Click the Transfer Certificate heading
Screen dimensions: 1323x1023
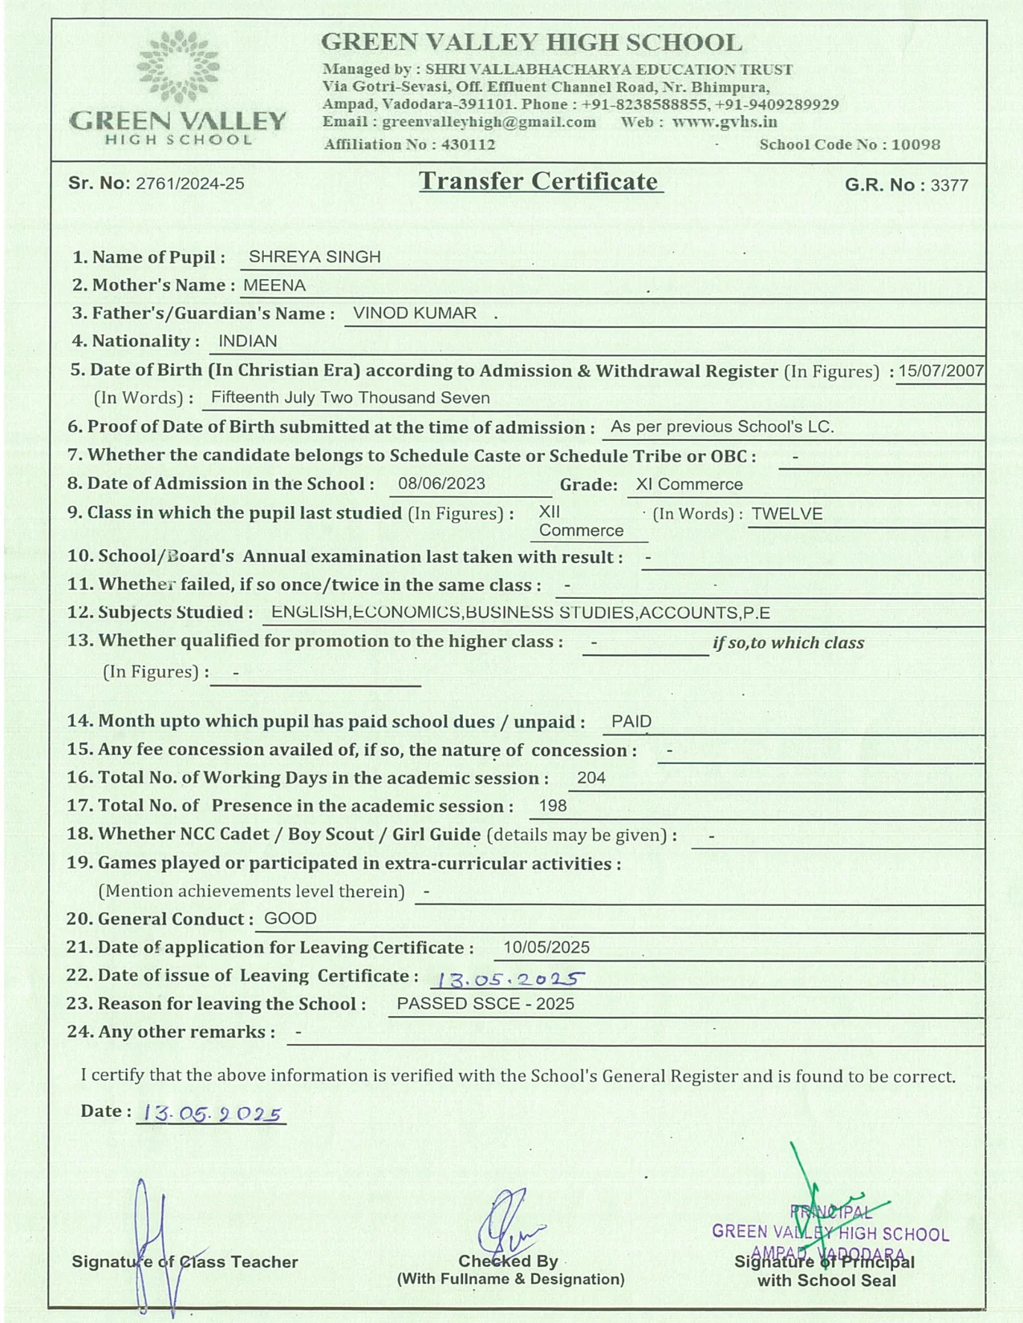(x=540, y=181)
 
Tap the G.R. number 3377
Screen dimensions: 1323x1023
(x=949, y=185)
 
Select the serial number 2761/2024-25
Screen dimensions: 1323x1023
(x=190, y=184)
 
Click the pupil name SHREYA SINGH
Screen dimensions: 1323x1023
(x=315, y=257)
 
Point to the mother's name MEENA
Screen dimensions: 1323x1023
(x=274, y=285)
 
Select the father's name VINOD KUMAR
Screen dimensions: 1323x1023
(x=415, y=313)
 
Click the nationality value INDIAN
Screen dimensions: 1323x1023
(x=248, y=341)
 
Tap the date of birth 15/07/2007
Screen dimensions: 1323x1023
(x=940, y=370)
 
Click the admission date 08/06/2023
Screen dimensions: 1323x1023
(x=441, y=483)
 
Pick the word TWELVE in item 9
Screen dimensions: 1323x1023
(x=787, y=514)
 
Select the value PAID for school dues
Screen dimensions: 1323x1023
(x=631, y=721)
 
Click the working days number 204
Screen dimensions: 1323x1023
(x=591, y=778)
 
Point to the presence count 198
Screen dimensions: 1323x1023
(x=553, y=806)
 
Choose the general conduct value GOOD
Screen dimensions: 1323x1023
(x=290, y=919)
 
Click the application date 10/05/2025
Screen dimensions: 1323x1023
(x=546, y=948)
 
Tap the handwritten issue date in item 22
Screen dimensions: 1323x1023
(x=508, y=979)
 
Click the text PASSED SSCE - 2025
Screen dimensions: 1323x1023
(x=485, y=1004)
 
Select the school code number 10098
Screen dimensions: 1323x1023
(x=915, y=144)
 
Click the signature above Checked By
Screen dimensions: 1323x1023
(x=509, y=1223)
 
